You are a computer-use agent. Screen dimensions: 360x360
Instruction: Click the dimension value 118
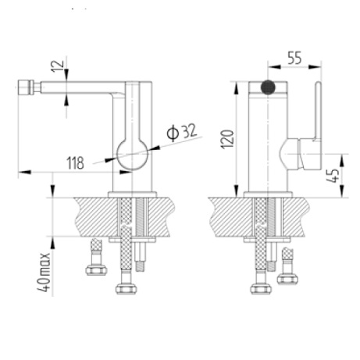pos(75,162)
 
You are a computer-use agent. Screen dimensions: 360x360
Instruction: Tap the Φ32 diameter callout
pos(181,134)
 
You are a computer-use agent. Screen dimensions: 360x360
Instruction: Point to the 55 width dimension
pos(294,57)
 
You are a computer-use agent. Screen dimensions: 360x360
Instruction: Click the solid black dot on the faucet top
pos(269,87)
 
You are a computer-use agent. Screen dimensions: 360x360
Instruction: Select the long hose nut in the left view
pos(126,289)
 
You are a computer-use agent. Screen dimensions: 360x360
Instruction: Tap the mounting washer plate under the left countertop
pos(133,240)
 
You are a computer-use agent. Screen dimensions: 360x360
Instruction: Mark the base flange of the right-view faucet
pos(268,192)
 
